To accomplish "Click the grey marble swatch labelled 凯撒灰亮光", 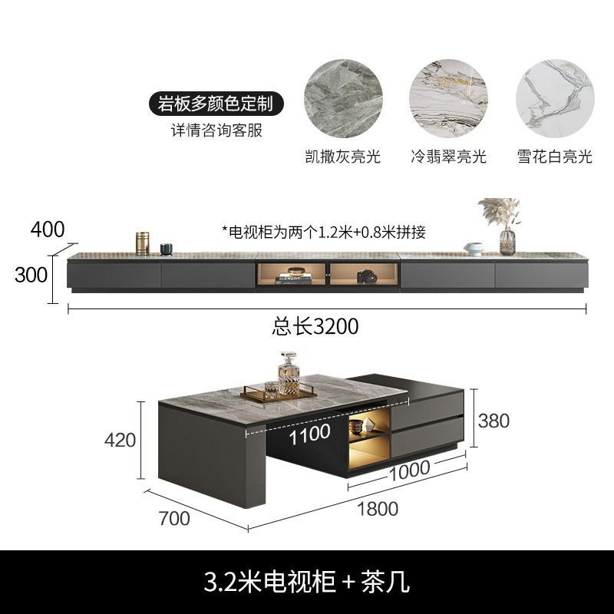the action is pos(342,99).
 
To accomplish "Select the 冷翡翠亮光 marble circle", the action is pos(448,99).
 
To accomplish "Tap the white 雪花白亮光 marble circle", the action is pos(554,99).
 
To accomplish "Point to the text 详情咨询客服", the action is pos(216,130).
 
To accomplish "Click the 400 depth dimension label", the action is pos(48,228).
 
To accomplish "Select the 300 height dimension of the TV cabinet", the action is pos(31,275).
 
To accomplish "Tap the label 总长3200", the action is pos(315,326).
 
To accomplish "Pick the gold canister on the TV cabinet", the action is pos(142,243).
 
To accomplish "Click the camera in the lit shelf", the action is pos(366,276).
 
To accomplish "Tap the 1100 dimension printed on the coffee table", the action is pos(310,434).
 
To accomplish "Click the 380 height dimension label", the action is pos(493,420).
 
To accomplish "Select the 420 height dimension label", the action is pos(120,440).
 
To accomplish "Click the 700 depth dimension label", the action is pos(173,518).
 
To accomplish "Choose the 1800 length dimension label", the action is pos(377,508).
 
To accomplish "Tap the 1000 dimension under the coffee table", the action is pos(408,471).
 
